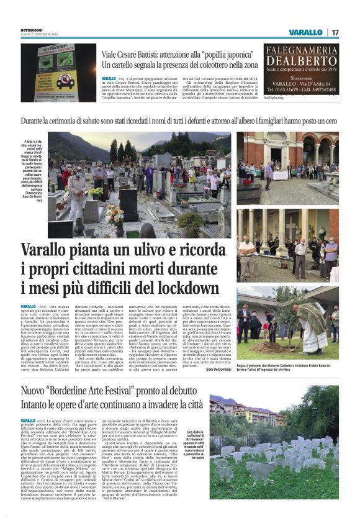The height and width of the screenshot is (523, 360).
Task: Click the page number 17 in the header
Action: pos(335,32)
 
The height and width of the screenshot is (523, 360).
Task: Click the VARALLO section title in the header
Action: pos(305,32)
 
